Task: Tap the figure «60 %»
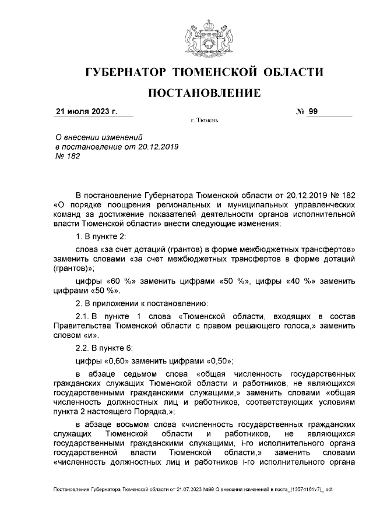(121, 281)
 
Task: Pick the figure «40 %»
(296, 281)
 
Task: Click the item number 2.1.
(83, 315)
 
